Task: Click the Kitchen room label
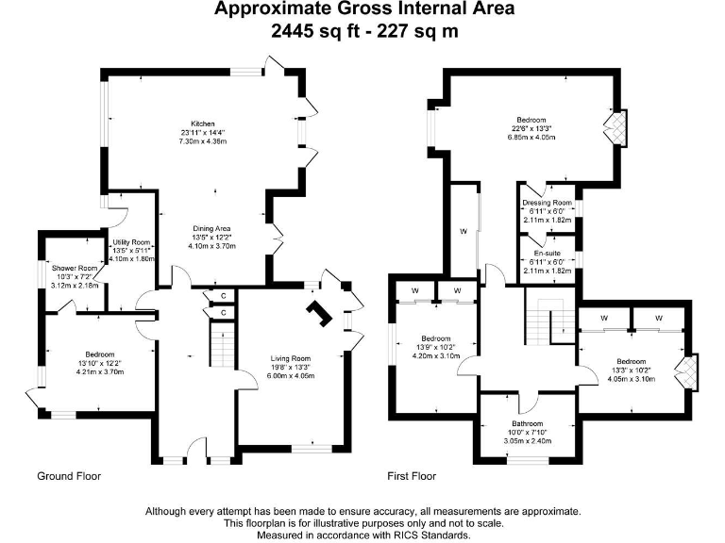[203, 123]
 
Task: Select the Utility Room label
[131, 242]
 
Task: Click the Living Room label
[291, 358]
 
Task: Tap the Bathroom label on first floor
[528, 424]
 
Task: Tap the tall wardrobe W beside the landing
[463, 230]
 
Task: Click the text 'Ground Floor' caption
[69, 476]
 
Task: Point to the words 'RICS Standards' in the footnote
[422, 535]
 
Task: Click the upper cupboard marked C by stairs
[223, 296]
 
